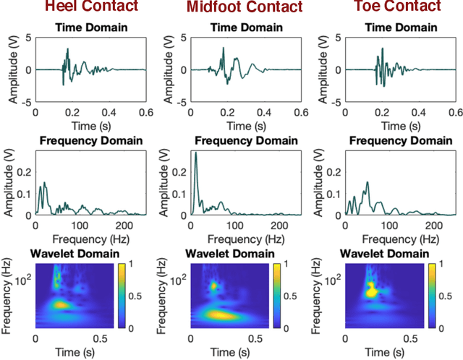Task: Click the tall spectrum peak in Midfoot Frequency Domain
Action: (196, 154)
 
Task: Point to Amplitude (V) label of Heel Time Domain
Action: (13, 70)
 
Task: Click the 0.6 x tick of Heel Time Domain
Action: (145, 113)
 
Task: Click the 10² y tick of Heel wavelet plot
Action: (25, 276)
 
